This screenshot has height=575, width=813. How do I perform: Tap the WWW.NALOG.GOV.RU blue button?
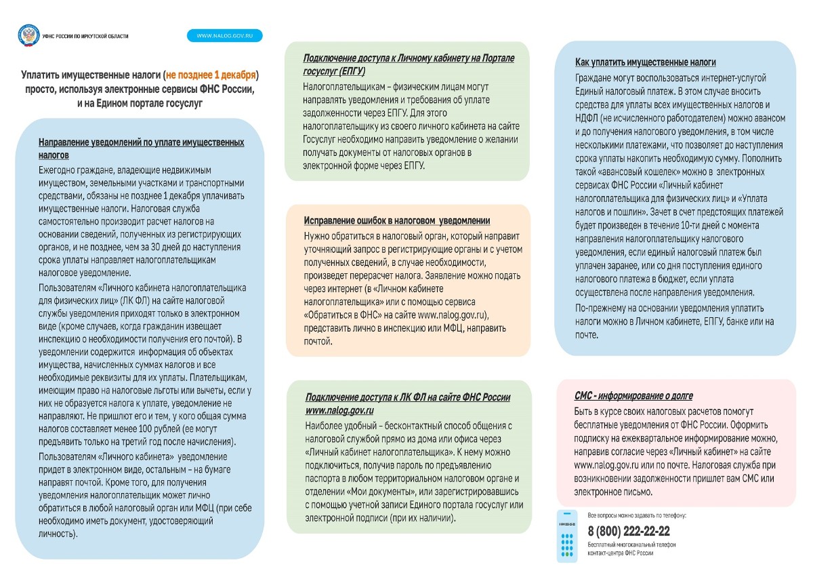(224, 36)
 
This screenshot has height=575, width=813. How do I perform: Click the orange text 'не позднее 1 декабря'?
(211, 75)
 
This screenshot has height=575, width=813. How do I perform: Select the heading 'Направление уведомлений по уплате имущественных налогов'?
(141, 148)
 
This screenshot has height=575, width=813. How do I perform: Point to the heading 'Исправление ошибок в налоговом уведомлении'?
(397, 221)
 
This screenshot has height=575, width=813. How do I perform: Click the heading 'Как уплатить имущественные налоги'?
(645, 62)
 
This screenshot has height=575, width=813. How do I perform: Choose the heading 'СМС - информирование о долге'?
(633, 396)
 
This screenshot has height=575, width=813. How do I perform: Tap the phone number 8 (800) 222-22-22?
(628, 531)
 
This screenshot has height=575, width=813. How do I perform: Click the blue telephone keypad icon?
(567, 536)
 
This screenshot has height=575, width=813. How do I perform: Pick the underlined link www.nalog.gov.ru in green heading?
(339, 411)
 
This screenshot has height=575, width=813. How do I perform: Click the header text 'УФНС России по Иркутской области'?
(85, 36)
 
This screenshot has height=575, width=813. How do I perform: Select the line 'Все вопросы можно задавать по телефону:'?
(636, 516)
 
